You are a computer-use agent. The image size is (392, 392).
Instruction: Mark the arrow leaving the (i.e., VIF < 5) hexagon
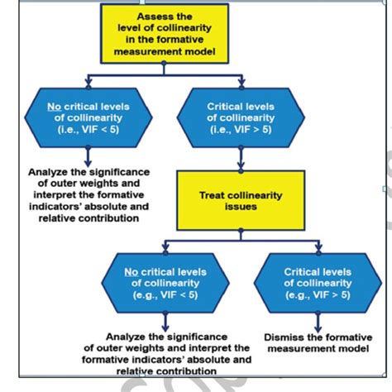click(x=88, y=155)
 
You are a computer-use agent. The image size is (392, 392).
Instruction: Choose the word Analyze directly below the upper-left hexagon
click(x=43, y=172)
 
